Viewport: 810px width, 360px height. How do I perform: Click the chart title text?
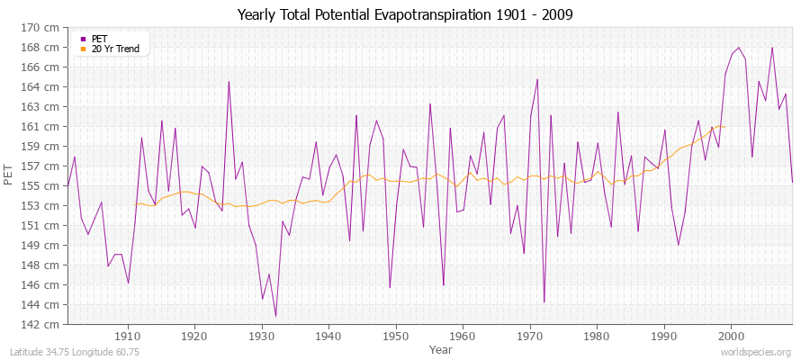405,15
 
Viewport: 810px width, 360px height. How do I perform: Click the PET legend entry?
99,39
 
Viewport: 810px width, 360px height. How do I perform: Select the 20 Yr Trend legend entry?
115,49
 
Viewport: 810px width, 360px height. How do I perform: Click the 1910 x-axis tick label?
128,336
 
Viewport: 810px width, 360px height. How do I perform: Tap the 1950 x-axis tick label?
395,336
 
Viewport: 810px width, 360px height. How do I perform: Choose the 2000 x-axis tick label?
730,336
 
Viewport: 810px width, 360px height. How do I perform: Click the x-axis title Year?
441,348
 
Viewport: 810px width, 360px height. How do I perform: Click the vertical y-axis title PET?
9,175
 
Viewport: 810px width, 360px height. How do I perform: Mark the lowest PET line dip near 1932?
275,316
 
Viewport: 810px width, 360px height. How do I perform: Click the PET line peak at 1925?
229,81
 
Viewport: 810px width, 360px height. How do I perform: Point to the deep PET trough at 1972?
544,302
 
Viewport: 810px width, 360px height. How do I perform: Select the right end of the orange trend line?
724,127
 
